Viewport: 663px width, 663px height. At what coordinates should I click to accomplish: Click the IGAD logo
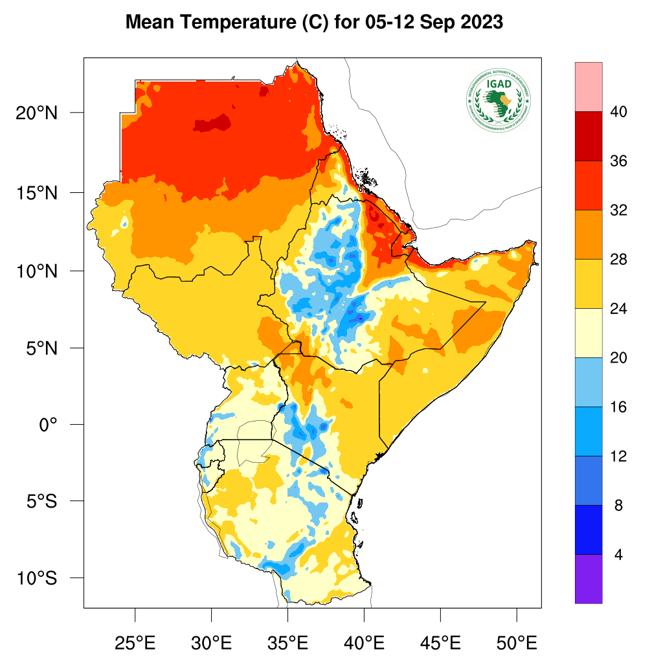point(498,98)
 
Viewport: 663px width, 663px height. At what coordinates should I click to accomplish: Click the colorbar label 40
point(618,112)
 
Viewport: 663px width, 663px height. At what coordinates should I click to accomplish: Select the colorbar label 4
point(618,555)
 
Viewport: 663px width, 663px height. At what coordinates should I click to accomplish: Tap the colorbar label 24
point(618,309)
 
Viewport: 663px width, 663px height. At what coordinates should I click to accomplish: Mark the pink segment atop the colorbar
point(589,87)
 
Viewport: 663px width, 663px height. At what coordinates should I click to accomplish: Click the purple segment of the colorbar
point(589,579)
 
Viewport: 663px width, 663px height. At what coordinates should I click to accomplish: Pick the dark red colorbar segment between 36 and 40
point(589,136)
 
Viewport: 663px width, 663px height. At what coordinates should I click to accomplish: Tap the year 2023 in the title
point(480,23)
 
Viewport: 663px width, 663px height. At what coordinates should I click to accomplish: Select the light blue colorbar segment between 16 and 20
point(589,382)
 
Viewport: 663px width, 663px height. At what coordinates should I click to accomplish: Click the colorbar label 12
point(618,456)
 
